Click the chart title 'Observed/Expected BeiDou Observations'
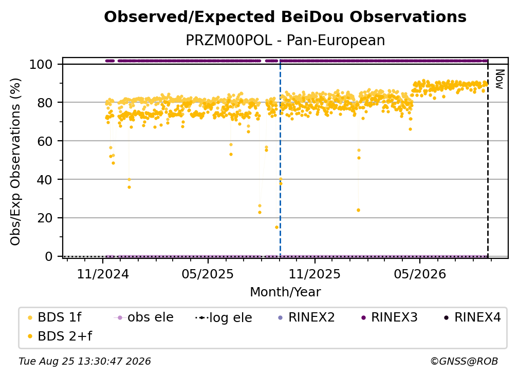click(285, 17)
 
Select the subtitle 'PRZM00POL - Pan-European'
click(285, 40)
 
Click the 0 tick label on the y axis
click(49, 256)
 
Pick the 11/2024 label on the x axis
click(103, 274)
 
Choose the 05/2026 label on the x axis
click(420, 274)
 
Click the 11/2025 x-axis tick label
click(314, 274)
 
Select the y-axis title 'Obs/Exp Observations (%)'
click(15, 162)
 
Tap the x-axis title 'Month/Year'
click(285, 292)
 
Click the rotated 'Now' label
click(499, 79)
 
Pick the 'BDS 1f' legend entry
click(55, 317)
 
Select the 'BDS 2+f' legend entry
click(60, 336)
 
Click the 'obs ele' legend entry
click(144, 317)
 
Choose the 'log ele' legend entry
click(224, 317)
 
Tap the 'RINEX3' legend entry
click(390, 317)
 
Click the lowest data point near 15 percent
click(276, 227)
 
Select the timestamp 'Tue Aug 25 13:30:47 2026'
click(85, 362)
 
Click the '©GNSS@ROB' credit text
click(464, 362)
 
